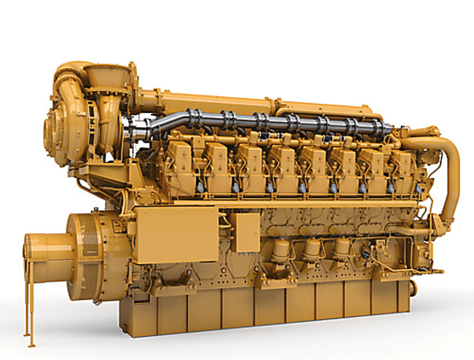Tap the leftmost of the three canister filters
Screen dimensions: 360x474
(x=281, y=250)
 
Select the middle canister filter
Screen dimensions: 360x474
(x=312, y=249)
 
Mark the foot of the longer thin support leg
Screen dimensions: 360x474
(x=31, y=345)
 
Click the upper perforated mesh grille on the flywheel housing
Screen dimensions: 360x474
(x=91, y=235)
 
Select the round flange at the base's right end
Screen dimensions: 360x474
(x=413, y=288)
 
